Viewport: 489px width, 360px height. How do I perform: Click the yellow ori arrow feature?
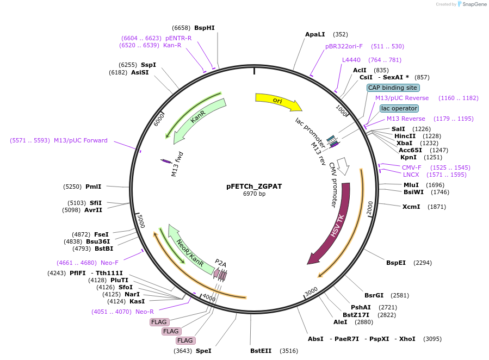277,101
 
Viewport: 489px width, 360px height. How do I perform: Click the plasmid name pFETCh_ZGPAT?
254,186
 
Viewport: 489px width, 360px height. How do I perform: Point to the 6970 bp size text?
254,194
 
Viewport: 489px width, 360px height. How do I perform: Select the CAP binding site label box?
393,88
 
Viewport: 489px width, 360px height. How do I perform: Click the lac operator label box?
399,108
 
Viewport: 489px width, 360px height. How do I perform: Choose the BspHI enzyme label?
205,28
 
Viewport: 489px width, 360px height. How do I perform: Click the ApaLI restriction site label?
315,34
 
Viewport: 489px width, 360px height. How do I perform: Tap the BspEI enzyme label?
396,263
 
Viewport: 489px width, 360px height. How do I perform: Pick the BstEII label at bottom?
261,351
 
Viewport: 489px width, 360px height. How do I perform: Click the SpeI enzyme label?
203,351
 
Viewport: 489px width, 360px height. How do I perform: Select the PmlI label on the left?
94,187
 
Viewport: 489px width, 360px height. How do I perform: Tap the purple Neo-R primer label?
145,312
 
